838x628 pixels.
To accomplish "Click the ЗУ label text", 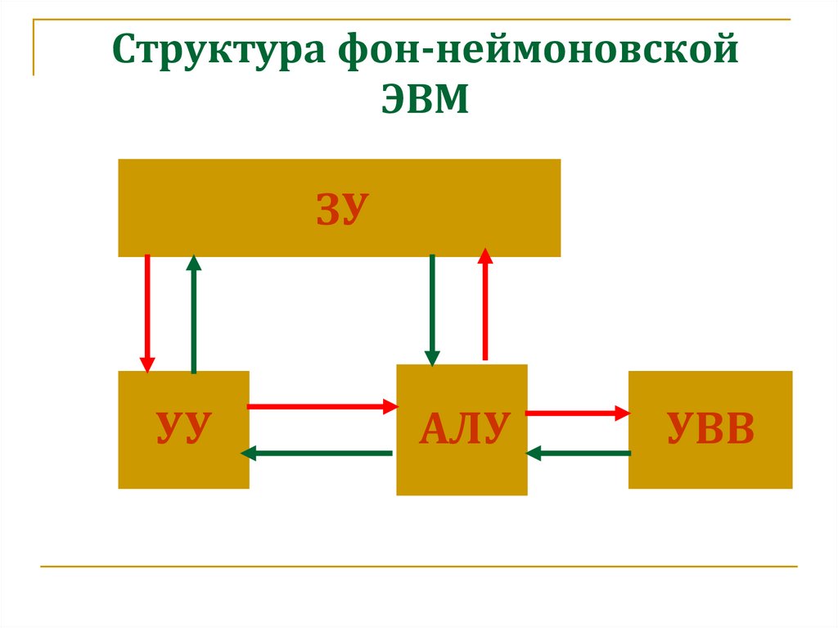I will [338, 210].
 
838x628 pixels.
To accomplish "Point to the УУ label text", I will [184, 429].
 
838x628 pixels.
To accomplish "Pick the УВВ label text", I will [710, 429].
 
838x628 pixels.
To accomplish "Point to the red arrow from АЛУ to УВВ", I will [578, 413].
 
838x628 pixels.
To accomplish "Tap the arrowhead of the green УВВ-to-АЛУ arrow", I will [534, 453].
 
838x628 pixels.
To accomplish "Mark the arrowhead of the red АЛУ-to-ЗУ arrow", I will [485, 255].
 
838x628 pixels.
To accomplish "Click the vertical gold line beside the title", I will [34, 48].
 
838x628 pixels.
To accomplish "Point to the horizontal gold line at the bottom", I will [418, 566].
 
